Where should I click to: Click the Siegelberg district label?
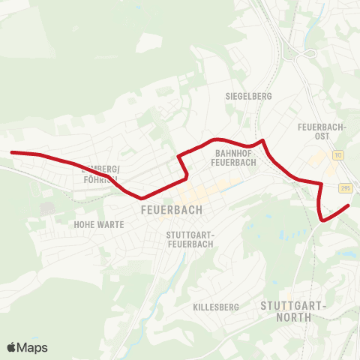248,97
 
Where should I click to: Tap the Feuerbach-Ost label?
322,131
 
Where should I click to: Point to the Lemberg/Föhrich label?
100,174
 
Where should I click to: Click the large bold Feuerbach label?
171,211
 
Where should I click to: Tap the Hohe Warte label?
98,224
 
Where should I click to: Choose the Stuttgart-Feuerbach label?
190,239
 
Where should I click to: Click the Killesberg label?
215,307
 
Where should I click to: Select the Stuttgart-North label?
293,310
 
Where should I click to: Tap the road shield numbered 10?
339,155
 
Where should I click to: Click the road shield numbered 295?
344,187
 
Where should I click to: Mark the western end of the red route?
11,152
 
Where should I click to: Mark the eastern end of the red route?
349,205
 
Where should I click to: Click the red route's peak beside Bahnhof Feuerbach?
262,139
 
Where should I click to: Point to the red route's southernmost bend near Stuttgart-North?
322,220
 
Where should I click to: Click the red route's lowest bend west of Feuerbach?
141,198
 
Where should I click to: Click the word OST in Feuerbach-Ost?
322,136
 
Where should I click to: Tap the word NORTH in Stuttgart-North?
293,316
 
